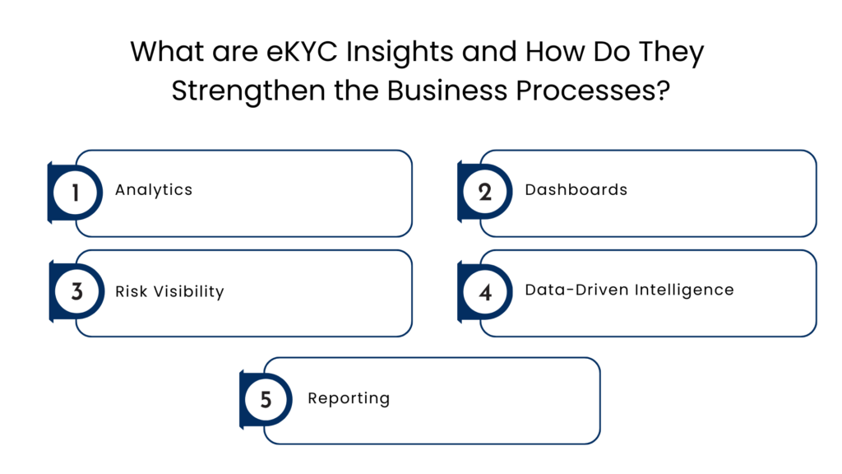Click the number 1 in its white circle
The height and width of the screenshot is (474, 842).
76,193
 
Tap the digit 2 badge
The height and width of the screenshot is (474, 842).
485,193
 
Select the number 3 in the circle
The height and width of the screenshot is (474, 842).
76,292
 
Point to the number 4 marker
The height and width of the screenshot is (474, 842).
485,292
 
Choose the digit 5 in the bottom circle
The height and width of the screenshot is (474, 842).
266,400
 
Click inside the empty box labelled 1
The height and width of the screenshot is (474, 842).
255,193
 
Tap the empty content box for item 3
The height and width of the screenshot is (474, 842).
255,293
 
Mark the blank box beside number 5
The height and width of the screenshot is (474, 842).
444,401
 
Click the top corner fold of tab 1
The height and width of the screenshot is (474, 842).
49,164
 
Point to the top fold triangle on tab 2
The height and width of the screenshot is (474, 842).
459,164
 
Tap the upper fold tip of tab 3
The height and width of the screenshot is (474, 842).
49,263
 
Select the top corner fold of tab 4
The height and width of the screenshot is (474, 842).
459,263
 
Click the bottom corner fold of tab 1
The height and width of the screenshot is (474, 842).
49,221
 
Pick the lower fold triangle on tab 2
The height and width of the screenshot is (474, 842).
459,221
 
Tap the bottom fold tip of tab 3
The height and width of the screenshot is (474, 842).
49,321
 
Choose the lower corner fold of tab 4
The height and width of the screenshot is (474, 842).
459,321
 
